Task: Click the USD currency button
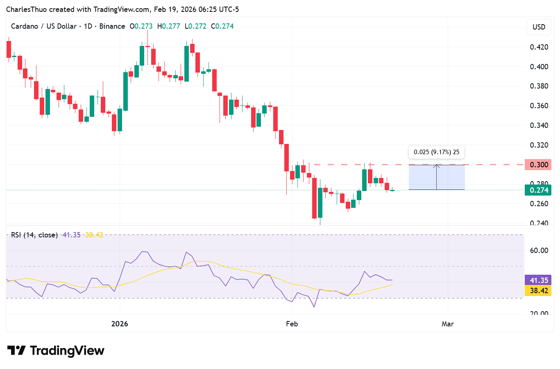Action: (539, 27)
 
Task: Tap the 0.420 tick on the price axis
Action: (539, 47)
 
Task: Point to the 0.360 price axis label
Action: (539, 106)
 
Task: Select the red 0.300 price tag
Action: (538, 165)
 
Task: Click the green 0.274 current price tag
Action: (538, 190)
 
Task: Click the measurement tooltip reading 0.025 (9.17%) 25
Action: (436, 152)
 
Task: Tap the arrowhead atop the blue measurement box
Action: (437, 166)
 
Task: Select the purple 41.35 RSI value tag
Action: (538, 280)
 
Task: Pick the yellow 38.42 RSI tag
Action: (538, 291)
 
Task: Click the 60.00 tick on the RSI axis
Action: (539, 251)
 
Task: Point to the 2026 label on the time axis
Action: (120, 324)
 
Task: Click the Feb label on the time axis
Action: (292, 324)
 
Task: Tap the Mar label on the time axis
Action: (448, 324)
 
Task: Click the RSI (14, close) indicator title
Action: (34, 235)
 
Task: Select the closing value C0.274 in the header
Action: (222, 26)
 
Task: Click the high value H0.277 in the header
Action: (169, 26)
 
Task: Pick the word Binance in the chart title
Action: (112, 26)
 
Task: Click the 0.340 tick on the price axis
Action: (539, 125)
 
